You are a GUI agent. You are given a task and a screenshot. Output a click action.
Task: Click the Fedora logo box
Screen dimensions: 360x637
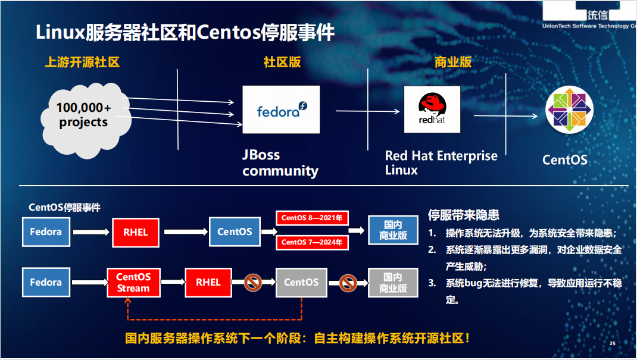click(x=281, y=109)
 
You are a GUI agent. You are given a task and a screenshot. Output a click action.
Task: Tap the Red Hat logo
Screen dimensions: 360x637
click(x=432, y=109)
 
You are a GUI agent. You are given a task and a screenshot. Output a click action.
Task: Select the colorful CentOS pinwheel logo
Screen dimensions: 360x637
click(x=570, y=110)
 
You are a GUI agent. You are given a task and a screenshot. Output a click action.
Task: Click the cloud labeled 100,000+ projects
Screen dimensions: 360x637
click(x=83, y=115)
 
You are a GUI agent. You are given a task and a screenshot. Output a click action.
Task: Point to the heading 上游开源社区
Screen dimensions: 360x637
click(x=82, y=62)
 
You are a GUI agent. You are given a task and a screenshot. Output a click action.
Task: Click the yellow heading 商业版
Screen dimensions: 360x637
click(x=453, y=62)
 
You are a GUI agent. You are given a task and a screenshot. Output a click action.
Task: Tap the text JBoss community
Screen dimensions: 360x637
click(x=280, y=163)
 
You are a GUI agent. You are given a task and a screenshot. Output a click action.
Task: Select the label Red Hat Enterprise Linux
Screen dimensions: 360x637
click(x=441, y=162)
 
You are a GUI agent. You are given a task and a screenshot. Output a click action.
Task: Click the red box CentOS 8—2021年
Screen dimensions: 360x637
click(x=312, y=218)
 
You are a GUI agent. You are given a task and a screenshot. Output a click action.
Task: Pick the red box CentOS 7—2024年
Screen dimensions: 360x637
click(x=312, y=242)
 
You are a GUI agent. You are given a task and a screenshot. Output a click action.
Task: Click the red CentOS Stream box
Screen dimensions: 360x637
click(x=133, y=283)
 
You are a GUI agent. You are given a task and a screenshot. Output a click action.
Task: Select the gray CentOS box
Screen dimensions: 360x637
click(x=301, y=283)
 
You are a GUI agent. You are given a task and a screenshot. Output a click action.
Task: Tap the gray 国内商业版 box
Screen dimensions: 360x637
click(x=393, y=283)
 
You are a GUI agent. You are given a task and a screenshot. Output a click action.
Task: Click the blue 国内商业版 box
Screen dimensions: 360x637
click(x=393, y=230)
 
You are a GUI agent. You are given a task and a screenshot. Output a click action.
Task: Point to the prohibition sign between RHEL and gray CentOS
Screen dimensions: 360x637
click(x=254, y=283)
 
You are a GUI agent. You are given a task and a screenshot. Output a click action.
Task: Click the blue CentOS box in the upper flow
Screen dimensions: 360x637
click(x=235, y=232)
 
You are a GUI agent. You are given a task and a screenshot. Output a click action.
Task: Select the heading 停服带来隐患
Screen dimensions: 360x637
click(x=463, y=215)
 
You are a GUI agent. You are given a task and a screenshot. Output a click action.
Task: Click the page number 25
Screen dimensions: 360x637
click(x=613, y=344)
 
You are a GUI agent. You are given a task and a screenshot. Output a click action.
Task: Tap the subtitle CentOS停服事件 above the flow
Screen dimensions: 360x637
click(x=64, y=208)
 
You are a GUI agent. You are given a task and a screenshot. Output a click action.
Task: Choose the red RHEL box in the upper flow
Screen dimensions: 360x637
click(x=135, y=232)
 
